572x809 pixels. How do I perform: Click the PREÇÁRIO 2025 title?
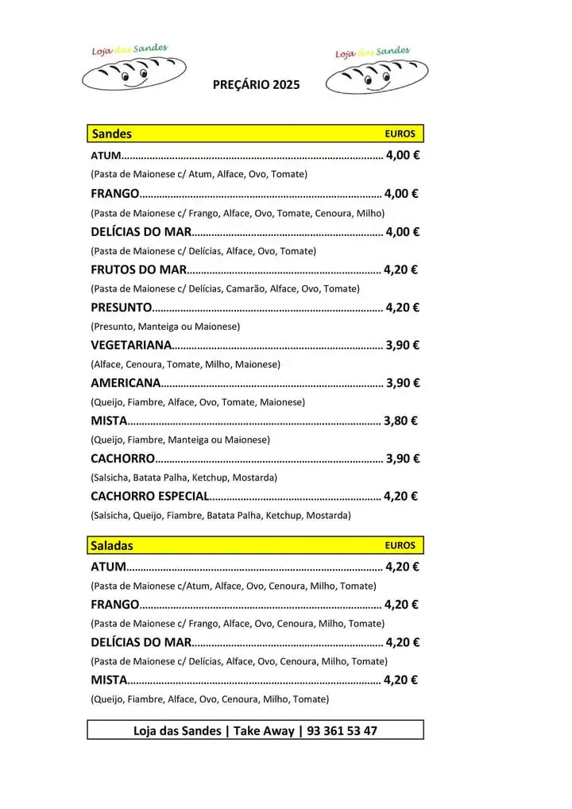(x=257, y=85)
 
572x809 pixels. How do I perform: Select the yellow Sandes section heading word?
(x=112, y=134)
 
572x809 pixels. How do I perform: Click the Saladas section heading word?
(x=112, y=546)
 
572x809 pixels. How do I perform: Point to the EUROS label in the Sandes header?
(x=400, y=134)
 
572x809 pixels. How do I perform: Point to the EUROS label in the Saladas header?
(x=400, y=546)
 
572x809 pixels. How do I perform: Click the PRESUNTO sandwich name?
(x=121, y=308)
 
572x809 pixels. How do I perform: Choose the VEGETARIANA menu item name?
(x=131, y=345)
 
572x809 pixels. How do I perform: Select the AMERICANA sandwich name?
(x=126, y=383)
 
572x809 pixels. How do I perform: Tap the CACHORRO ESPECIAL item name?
(x=150, y=496)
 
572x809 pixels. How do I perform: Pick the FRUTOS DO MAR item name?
(x=138, y=269)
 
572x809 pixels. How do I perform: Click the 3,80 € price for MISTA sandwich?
(x=400, y=420)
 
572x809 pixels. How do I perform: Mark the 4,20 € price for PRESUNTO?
(x=402, y=308)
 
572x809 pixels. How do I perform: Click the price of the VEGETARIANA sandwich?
(x=402, y=345)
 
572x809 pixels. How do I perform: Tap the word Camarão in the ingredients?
(x=245, y=288)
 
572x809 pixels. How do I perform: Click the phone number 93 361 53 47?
(x=342, y=730)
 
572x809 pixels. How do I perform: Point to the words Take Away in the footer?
(x=263, y=730)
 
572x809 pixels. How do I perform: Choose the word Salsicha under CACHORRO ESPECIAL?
(x=112, y=516)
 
